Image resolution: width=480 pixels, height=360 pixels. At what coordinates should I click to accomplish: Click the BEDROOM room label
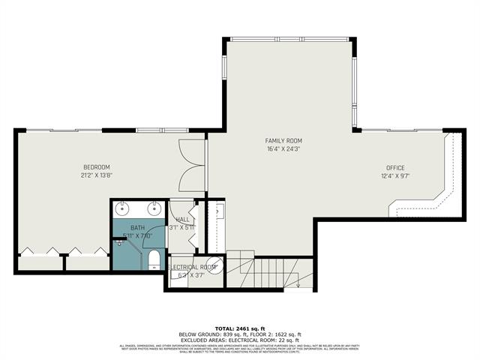[x=97, y=166]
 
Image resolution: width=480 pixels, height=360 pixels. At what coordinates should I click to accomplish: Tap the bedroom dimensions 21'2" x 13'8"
[x=97, y=175]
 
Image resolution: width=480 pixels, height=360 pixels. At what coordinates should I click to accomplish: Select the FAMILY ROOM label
[x=283, y=141]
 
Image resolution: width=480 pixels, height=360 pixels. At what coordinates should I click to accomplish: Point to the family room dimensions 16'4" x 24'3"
[x=283, y=149]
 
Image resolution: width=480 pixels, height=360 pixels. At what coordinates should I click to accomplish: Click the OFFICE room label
[x=395, y=168]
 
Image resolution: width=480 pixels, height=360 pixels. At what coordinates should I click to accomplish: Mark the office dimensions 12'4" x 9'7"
[x=395, y=176]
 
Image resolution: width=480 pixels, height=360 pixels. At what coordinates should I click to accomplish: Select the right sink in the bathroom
[x=154, y=208]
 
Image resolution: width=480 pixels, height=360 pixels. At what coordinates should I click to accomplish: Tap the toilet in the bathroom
[x=154, y=259]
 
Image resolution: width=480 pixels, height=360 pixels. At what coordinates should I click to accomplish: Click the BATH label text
[x=138, y=227]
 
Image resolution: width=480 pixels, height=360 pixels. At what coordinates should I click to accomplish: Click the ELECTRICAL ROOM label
[x=193, y=267]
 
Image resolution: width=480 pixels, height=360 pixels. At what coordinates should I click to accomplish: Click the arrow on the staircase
[x=298, y=282]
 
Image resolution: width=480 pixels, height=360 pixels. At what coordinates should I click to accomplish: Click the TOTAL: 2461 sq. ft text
[x=239, y=328]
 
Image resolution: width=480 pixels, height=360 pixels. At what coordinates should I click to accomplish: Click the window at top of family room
[x=288, y=38]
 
